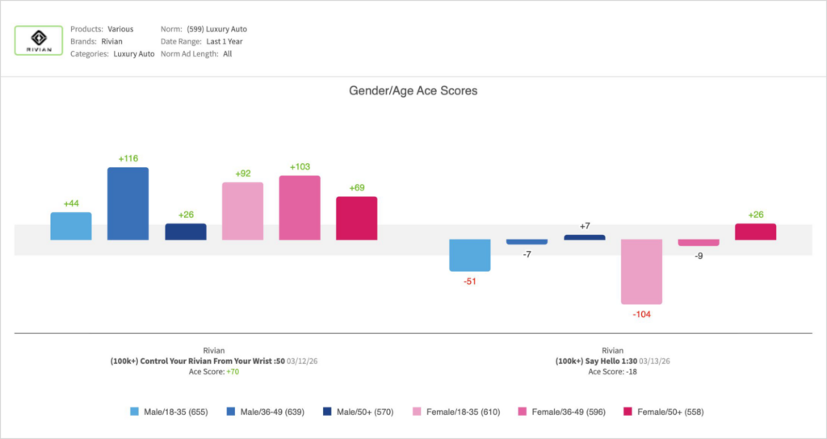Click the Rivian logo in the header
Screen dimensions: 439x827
point(39,40)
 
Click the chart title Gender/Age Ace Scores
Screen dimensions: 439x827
point(413,91)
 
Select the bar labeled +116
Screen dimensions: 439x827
point(128,203)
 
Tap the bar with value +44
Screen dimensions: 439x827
point(70,226)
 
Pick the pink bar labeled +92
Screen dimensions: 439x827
point(242,211)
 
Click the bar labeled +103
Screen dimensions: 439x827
point(300,207)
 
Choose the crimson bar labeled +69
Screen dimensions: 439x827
point(356,218)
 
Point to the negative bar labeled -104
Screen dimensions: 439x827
point(641,271)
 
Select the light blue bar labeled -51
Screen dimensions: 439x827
point(470,255)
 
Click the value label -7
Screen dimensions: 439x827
point(527,254)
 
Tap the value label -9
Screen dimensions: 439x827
point(699,256)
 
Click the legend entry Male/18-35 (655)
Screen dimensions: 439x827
point(169,412)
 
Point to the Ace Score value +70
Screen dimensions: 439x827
point(232,371)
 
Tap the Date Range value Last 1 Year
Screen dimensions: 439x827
point(225,41)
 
